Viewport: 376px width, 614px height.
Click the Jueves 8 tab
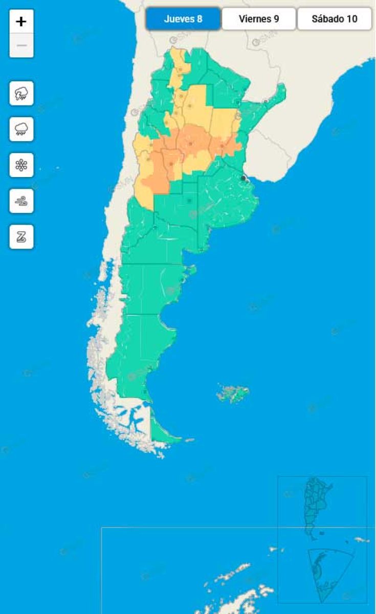[x=183, y=19]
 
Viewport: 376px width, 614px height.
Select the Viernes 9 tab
[x=259, y=19]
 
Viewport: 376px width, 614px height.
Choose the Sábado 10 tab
[x=335, y=19]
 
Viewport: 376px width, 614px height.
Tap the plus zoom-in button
[x=21, y=21]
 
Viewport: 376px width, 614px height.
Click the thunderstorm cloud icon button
[x=21, y=93]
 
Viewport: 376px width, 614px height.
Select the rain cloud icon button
[x=21, y=129]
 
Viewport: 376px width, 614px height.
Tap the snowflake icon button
[x=21, y=165]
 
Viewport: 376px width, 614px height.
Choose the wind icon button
[x=21, y=201]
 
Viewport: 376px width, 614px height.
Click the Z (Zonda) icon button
[x=21, y=236]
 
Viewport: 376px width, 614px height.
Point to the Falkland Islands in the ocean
[x=233, y=393]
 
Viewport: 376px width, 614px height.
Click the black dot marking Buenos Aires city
[x=242, y=178]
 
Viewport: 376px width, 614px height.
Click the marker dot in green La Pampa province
[x=190, y=201]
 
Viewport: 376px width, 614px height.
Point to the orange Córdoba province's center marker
[x=190, y=144]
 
